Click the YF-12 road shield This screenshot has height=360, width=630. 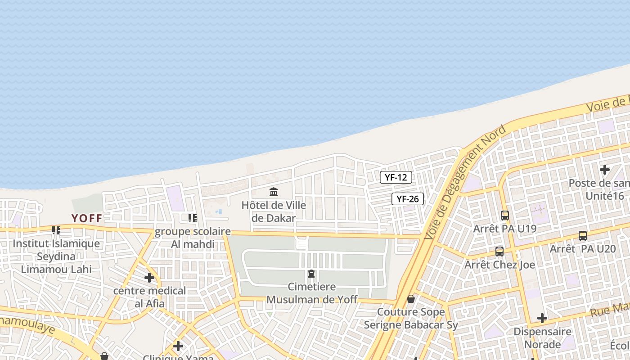(x=396, y=177)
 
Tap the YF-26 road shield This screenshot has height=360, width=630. (x=408, y=199)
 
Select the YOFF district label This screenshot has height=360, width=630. (x=87, y=218)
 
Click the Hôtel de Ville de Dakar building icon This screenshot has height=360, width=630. (x=274, y=192)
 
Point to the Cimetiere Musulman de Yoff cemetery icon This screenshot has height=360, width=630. (x=311, y=274)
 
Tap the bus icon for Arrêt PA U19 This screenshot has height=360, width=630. (x=505, y=216)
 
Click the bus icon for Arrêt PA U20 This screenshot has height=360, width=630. (x=583, y=235)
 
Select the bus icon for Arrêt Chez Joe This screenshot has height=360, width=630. (x=499, y=252)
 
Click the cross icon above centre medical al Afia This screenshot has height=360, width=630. (x=149, y=278)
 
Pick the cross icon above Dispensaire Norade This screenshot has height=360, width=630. (x=542, y=318)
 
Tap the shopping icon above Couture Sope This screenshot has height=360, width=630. (x=411, y=299)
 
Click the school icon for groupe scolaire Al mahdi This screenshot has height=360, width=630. (x=193, y=218)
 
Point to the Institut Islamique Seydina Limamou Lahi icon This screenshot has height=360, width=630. (x=56, y=230)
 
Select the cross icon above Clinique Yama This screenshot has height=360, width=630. (x=178, y=346)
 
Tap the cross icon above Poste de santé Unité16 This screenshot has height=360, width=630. (x=605, y=170)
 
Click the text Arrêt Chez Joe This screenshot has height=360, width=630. (x=500, y=265)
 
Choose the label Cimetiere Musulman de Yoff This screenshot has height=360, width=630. (x=312, y=293)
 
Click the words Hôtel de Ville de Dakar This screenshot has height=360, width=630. (x=274, y=211)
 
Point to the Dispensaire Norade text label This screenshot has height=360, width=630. (x=542, y=338)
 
